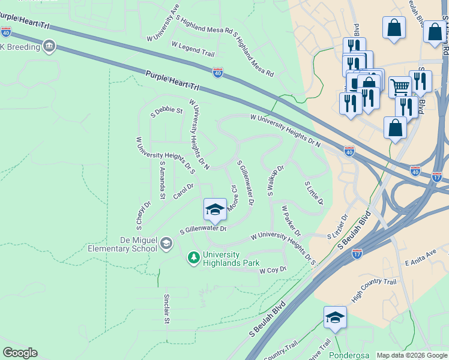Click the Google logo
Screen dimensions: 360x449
pos(20,353)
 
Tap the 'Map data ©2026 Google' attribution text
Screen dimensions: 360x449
pos(412,355)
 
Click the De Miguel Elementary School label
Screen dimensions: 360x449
pos(122,244)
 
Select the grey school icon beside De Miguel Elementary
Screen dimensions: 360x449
pos(166,243)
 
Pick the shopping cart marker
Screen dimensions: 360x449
pos(400,86)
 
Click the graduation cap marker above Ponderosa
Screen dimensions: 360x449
pos(335,317)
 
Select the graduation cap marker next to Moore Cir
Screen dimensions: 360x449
pos(215,209)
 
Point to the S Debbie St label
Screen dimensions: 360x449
pos(166,111)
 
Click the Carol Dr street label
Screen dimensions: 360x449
pos(184,191)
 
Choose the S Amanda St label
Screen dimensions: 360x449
pos(162,180)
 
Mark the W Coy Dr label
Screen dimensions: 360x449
pos(273,271)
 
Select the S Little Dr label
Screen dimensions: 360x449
pos(314,193)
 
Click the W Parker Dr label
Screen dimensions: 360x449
pos(291,221)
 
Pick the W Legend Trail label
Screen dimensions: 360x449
pos(193,45)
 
